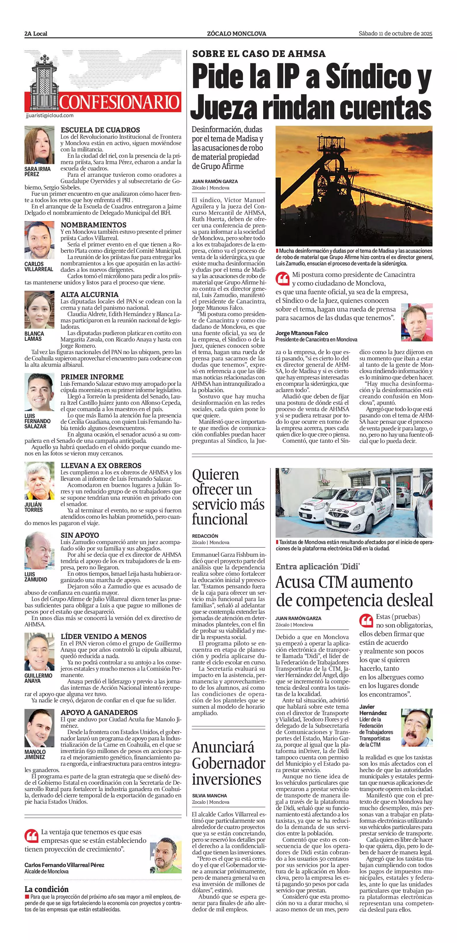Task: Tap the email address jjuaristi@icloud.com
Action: pos(50,116)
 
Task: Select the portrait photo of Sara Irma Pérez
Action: pos(39,145)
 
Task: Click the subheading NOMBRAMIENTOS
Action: pos(93,225)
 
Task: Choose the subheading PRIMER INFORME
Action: pos(92,377)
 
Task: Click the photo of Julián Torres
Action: pos(39,481)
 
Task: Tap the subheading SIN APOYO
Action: pos(80,535)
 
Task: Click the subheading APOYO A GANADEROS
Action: pos(99,712)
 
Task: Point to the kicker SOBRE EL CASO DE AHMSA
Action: pos(259,54)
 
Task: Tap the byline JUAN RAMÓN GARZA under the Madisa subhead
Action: pos(215,182)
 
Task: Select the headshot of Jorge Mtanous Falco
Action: pos(417,322)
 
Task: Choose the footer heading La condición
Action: pos(46,889)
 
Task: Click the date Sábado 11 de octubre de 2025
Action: pos(395,34)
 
